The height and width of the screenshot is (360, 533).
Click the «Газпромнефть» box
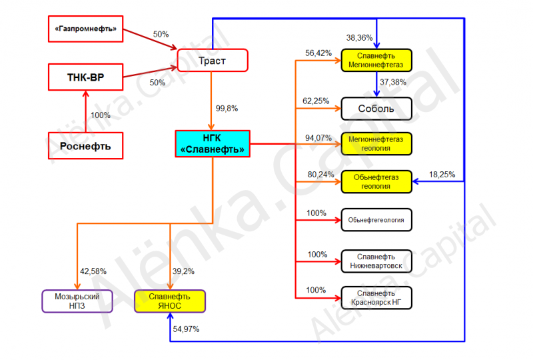(86, 29)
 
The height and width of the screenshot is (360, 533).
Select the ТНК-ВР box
(86, 77)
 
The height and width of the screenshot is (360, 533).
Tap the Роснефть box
(86, 146)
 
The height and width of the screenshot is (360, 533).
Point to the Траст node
(213, 61)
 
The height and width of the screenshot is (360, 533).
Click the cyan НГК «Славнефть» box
(213, 143)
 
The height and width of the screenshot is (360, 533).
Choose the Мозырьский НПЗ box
(77, 301)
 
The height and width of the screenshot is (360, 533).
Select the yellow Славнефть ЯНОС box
(170, 301)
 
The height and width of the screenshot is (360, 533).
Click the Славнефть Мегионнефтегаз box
(376, 60)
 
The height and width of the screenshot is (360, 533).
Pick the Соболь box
(376, 109)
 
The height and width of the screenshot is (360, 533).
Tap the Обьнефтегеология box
(376, 220)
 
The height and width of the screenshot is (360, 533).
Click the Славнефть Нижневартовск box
(376, 261)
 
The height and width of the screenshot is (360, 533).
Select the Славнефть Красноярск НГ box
(376, 298)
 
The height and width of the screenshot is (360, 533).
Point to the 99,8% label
(227, 109)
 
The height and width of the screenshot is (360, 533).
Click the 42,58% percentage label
(93, 271)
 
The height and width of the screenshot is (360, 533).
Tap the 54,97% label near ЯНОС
(186, 329)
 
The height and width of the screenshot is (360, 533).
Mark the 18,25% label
(442, 175)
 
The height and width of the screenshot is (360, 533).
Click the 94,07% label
(318, 138)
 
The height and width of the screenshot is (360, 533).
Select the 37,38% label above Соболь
(393, 82)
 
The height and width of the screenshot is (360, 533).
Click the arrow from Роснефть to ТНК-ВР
(86, 111)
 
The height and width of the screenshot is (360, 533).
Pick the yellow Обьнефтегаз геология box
(376, 182)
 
